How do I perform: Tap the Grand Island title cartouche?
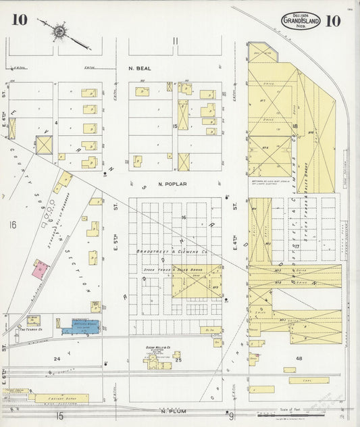301,21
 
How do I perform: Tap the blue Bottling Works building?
80,327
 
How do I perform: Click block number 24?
57,359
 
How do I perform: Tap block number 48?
298,358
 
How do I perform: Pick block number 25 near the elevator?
178,360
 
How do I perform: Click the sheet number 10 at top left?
19,20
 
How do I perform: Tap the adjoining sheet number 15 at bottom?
59,416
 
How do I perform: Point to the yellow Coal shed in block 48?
309,380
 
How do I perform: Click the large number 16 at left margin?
11,224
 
